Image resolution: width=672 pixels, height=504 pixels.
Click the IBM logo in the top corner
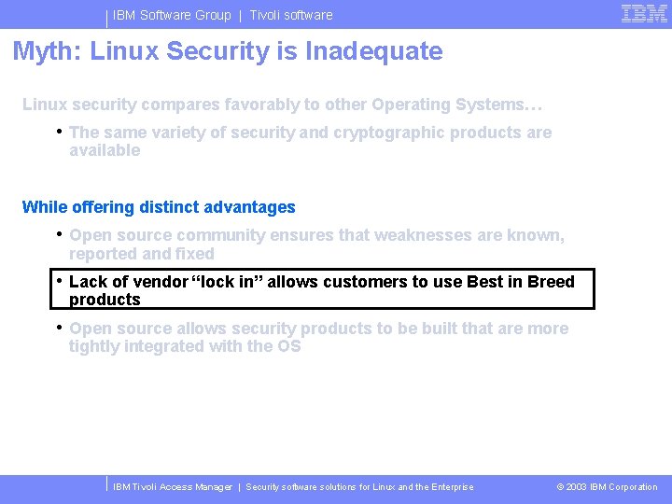(644, 13)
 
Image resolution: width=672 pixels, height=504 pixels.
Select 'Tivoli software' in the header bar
(290, 15)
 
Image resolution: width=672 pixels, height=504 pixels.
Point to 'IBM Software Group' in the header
(172, 15)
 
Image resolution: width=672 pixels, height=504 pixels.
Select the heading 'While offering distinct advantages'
(159, 207)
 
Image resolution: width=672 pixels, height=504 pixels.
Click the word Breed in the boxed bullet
(551, 282)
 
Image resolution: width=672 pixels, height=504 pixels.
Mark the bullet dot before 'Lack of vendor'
(58, 280)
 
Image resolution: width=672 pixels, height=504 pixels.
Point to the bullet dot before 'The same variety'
(58, 131)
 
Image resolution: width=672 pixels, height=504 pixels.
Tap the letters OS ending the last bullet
(288, 346)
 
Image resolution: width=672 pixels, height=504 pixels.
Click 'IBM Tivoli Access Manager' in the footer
(173, 487)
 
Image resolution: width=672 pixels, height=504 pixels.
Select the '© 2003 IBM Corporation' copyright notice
(607, 487)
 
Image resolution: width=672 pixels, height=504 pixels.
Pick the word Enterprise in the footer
(451, 487)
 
